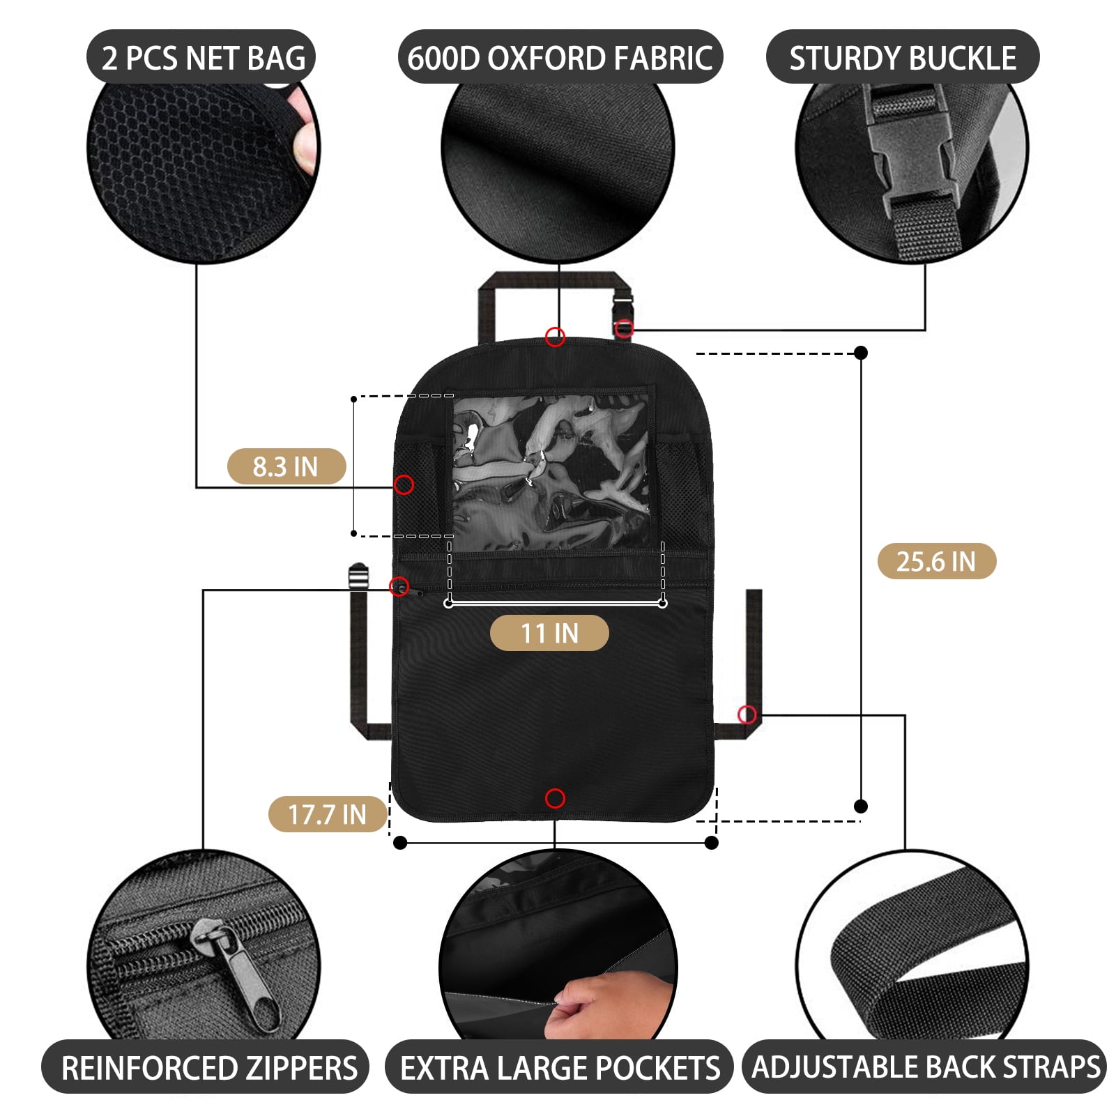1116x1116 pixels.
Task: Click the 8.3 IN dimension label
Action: (286, 466)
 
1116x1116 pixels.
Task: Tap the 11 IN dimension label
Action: (549, 633)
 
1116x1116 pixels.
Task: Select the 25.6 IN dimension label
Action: (936, 561)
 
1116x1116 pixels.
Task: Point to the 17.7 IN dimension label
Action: (327, 814)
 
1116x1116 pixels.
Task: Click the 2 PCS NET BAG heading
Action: (201, 57)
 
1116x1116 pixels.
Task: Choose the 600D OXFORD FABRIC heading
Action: (560, 57)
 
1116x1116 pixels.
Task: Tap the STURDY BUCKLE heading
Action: (902, 57)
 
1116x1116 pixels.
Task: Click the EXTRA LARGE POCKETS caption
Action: (560, 1068)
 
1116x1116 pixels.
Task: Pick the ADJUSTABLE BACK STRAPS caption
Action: (925, 1067)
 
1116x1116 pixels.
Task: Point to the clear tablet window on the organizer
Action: (551, 471)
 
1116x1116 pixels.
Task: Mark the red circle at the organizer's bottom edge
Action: (555, 798)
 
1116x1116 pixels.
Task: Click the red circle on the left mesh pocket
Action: (404, 484)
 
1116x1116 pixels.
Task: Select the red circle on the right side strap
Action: (747, 714)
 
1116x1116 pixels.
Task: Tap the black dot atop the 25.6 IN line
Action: (861, 353)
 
